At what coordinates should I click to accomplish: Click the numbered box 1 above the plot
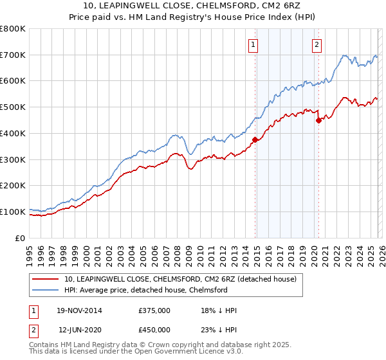coord(254,44)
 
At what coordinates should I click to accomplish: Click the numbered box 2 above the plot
coord(317,44)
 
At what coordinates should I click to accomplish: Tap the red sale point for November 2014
coord(255,139)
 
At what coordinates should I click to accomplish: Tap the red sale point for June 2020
coord(318,120)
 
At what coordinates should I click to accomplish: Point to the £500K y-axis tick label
coord(13,107)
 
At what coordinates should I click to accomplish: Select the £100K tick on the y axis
coord(13,212)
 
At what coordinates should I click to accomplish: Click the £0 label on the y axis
coord(21,238)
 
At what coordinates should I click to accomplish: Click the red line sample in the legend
coord(46,279)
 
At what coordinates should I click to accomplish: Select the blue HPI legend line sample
coord(46,290)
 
